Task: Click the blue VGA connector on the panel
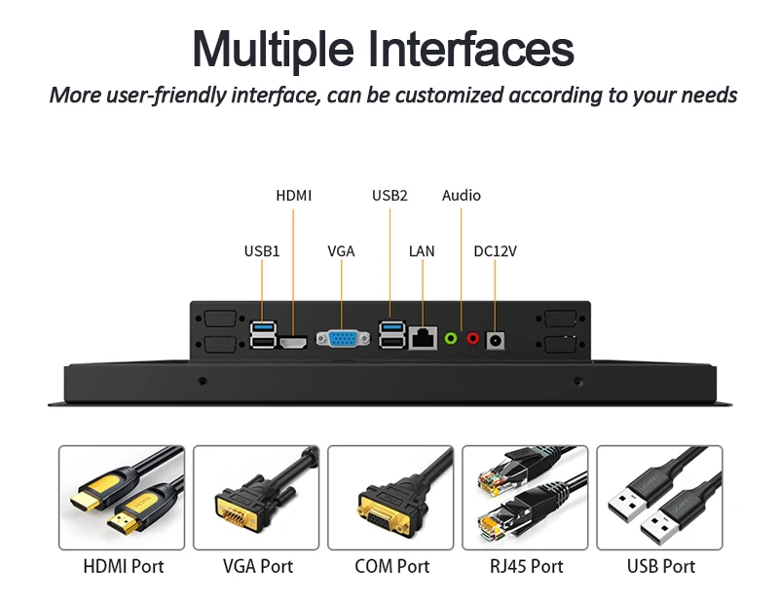(342, 338)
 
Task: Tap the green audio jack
(451, 339)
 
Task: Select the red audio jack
(473, 339)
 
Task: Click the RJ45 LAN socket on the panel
(423, 338)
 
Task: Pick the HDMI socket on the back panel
(293, 342)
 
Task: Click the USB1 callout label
(262, 251)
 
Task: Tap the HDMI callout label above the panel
(294, 196)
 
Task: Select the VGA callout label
(341, 251)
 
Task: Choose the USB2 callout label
(389, 196)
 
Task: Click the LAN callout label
(422, 251)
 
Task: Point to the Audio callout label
(462, 196)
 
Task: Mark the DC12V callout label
(495, 251)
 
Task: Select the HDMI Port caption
(124, 566)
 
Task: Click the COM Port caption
(391, 566)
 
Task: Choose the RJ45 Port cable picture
(525, 497)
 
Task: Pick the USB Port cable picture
(659, 497)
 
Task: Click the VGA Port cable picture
(257, 497)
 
